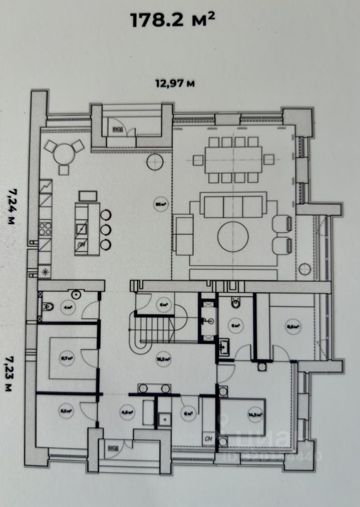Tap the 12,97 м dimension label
174,82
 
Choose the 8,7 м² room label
67,358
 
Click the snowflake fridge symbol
45,272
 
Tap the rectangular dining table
233,159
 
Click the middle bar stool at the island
106,229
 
